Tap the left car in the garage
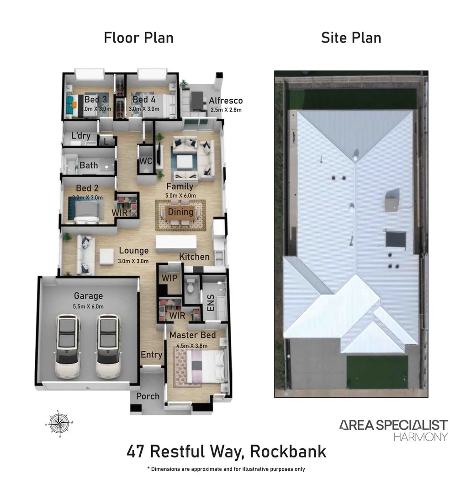click(67, 346)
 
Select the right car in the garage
click(108, 346)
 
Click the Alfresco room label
click(226, 101)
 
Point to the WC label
click(146, 161)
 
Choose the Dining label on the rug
click(181, 212)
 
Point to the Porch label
click(148, 396)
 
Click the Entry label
click(151, 354)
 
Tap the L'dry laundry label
click(81, 136)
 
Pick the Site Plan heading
click(351, 38)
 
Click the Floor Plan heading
click(139, 38)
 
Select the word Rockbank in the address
click(289, 452)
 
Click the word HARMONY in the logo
click(421, 437)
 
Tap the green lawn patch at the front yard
click(376, 371)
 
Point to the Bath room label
click(89, 165)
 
